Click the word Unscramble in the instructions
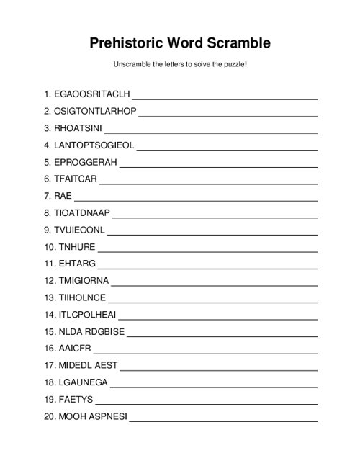coord(132,65)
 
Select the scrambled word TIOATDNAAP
coord(82,213)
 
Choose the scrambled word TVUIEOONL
coord(79,230)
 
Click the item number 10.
coord(50,248)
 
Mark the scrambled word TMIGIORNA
coord(82,282)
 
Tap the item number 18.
coord(50,384)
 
